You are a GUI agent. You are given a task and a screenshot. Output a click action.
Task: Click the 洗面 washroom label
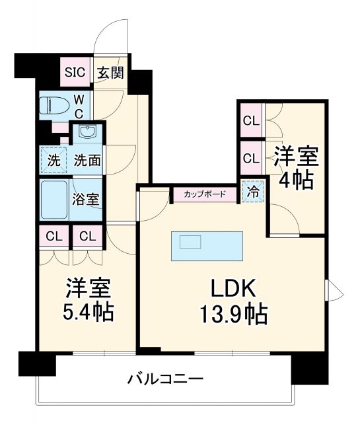point(87,159)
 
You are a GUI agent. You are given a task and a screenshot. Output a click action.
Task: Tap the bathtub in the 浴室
point(55,199)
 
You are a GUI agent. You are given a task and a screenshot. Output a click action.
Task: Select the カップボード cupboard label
point(205,194)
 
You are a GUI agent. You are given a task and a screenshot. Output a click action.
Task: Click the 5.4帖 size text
point(88,311)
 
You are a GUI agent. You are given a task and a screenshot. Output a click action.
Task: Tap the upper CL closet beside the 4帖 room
point(250,121)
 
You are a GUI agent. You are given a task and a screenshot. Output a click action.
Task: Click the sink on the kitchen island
point(190,242)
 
